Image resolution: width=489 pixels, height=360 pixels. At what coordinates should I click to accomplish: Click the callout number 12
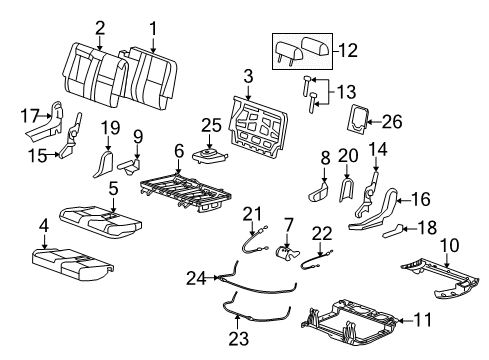pyautogui.click(x=348, y=50)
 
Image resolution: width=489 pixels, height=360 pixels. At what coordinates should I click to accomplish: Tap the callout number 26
pyautogui.click(x=392, y=122)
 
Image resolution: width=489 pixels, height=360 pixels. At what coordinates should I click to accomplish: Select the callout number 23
pyautogui.click(x=239, y=339)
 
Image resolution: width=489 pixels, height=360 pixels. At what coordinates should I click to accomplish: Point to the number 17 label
pyautogui.click(x=30, y=116)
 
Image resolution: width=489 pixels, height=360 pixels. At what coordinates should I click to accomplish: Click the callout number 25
pyautogui.click(x=211, y=126)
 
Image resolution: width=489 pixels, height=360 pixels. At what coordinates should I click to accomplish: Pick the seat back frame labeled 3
pyautogui.click(x=258, y=127)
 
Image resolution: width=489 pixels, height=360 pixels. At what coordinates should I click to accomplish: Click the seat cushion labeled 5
pyautogui.click(x=101, y=222)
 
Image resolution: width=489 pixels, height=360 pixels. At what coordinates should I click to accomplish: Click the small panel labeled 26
pyautogui.click(x=358, y=118)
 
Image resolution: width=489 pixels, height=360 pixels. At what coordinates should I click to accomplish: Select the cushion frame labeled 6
pyautogui.click(x=185, y=192)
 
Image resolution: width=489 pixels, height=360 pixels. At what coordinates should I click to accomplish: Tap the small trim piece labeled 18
pyautogui.click(x=392, y=231)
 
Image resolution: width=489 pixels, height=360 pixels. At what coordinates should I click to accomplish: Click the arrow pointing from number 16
pyautogui.click(x=404, y=200)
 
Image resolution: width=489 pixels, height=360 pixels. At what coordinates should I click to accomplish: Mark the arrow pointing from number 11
pyautogui.click(x=406, y=321)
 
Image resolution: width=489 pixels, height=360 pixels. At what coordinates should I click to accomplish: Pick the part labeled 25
pyautogui.click(x=210, y=157)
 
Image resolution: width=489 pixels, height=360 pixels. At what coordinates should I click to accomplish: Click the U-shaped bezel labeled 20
pyautogui.click(x=346, y=189)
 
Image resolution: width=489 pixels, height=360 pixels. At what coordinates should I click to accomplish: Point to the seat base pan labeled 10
pyautogui.click(x=442, y=278)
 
